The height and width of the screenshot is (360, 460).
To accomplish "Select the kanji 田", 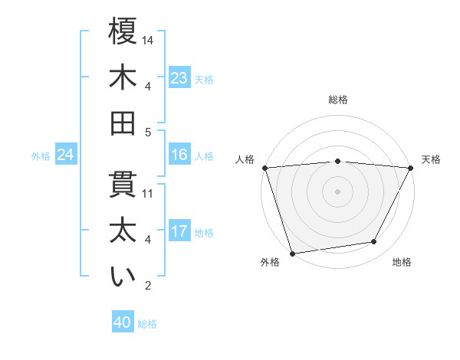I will (123, 123).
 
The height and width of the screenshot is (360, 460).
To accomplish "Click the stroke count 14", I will (149, 39).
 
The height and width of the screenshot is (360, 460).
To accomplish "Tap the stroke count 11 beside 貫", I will (149, 193).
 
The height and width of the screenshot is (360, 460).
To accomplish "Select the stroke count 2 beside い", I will (147, 286).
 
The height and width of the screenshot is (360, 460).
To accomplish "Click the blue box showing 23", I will (179, 78).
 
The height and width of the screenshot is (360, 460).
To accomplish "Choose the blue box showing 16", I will (179, 155).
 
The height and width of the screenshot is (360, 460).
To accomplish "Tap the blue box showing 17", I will (179, 231).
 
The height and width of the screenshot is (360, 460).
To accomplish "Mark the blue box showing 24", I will (66, 155).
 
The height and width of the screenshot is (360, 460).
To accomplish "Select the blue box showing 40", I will (123, 322).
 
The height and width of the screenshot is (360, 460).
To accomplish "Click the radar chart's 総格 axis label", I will (338, 100).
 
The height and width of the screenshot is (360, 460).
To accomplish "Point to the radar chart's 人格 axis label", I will (245, 160).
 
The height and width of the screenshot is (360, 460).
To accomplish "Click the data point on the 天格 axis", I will (411, 168).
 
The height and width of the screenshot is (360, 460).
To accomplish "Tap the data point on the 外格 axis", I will (292, 253).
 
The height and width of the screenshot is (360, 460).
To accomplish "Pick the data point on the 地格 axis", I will (374, 242).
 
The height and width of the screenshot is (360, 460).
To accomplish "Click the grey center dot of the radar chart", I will (337, 191).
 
